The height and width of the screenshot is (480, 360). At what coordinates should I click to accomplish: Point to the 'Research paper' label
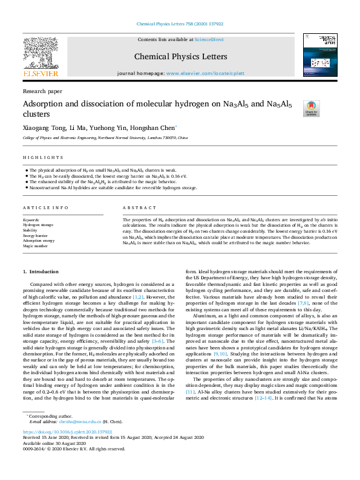pos(42,91)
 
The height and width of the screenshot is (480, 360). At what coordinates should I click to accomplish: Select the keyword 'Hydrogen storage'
pos(38,224)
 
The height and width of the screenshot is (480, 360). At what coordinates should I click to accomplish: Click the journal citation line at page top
pos(180,24)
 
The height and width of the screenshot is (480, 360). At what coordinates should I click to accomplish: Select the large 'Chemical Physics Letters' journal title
pos(180,56)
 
